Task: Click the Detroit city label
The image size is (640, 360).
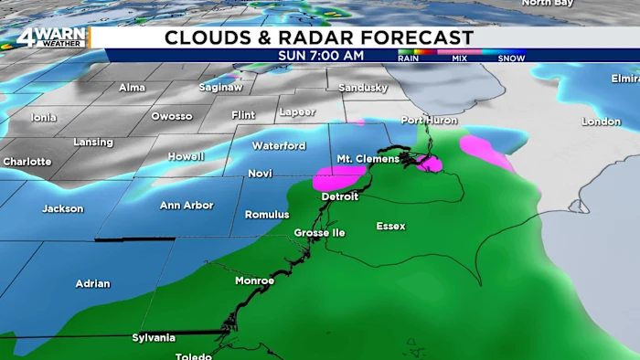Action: (340, 196)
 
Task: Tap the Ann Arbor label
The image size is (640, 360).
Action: (187, 205)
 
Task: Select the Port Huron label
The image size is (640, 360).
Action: (428, 121)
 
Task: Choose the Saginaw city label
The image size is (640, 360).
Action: (220, 88)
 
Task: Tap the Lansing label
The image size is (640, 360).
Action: (93, 143)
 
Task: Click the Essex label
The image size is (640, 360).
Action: (390, 226)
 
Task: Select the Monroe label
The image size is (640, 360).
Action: (254, 281)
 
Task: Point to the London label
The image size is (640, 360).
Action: (601, 122)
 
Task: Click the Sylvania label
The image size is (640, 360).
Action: (153, 337)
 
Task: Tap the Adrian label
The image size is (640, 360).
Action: (91, 283)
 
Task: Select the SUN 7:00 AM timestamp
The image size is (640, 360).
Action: (321, 56)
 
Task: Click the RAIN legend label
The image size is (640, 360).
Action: (408, 58)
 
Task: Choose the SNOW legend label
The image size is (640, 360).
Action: (511, 58)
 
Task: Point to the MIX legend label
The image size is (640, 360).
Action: (458, 58)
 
